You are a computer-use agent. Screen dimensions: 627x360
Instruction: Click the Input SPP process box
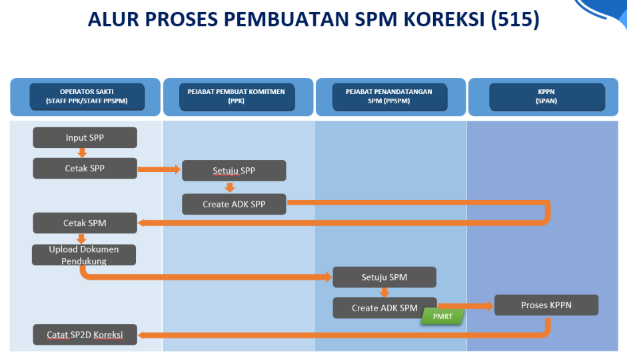click(x=85, y=137)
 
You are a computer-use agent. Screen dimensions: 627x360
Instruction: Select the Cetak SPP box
click(x=85, y=169)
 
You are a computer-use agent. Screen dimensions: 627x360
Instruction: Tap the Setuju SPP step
click(x=234, y=171)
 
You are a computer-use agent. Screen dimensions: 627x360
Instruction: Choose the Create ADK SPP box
click(x=234, y=205)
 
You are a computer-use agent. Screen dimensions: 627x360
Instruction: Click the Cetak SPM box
click(x=85, y=223)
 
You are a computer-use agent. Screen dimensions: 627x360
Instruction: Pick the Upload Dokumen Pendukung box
click(x=84, y=255)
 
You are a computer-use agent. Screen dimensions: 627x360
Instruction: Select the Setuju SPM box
click(x=384, y=277)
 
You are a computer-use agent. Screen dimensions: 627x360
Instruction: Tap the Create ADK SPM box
click(x=384, y=308)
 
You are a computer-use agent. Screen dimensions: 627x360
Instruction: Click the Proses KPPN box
click(x=546, y=305)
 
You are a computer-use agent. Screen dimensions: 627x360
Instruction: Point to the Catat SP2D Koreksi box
click(x=85, y=335)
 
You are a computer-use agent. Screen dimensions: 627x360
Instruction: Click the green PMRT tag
click(x=442, y=317)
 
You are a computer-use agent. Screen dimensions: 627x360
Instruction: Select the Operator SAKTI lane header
click(x=87, y=97)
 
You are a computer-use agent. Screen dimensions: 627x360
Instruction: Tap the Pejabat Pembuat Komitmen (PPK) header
click(x=237, y=97)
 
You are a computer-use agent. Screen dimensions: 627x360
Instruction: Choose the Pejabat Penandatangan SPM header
click(x=390, y=97)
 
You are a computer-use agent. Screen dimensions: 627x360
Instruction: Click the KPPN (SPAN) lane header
click(x=546, y=97)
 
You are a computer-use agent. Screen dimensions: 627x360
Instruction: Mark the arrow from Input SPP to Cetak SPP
click(x=82, y=153)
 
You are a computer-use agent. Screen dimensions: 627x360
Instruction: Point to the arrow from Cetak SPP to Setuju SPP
click(x=159, y=169)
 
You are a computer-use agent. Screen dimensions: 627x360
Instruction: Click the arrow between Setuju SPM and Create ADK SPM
click(x=384, y=293)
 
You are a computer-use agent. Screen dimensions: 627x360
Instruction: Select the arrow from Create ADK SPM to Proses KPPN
click(x=466, y=306)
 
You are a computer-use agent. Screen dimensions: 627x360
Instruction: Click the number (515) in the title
click(x=515, y=19)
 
